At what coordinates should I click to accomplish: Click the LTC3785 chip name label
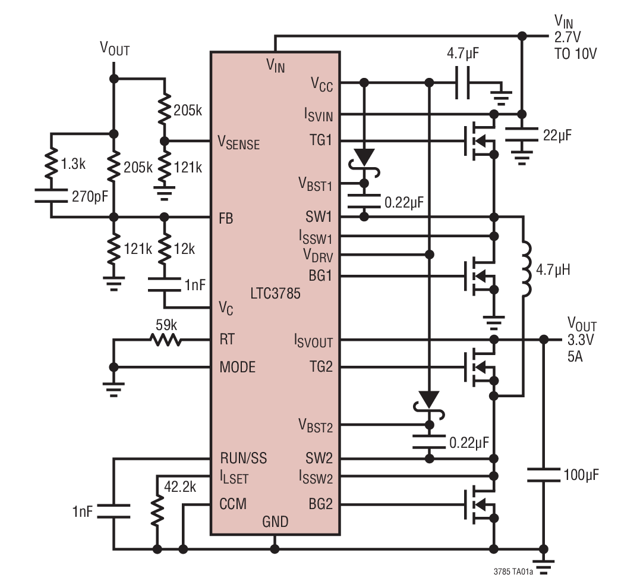click(276, 293)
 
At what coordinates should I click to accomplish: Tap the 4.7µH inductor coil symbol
click(525, 269)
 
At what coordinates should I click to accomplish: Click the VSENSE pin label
click(239, 142)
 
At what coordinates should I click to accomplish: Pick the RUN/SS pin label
click(243, 459)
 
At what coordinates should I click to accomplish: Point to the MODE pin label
click(238, 367)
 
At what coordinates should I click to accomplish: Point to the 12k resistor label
click(184, 249)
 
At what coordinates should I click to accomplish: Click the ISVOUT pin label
click(313, 341)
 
